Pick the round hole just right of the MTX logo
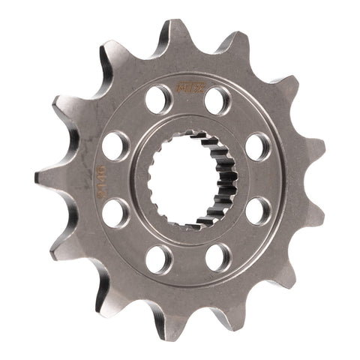pyautogui.click(x=217, y=99)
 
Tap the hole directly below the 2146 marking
pyautogui.click(x=115, y=212)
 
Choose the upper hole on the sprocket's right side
pyautogui.click(x=257, y=145)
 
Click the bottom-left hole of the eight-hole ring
pyautogui.click(x=158, y=259)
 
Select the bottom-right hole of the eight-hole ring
pyautogui.click(x=217, y=257)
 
